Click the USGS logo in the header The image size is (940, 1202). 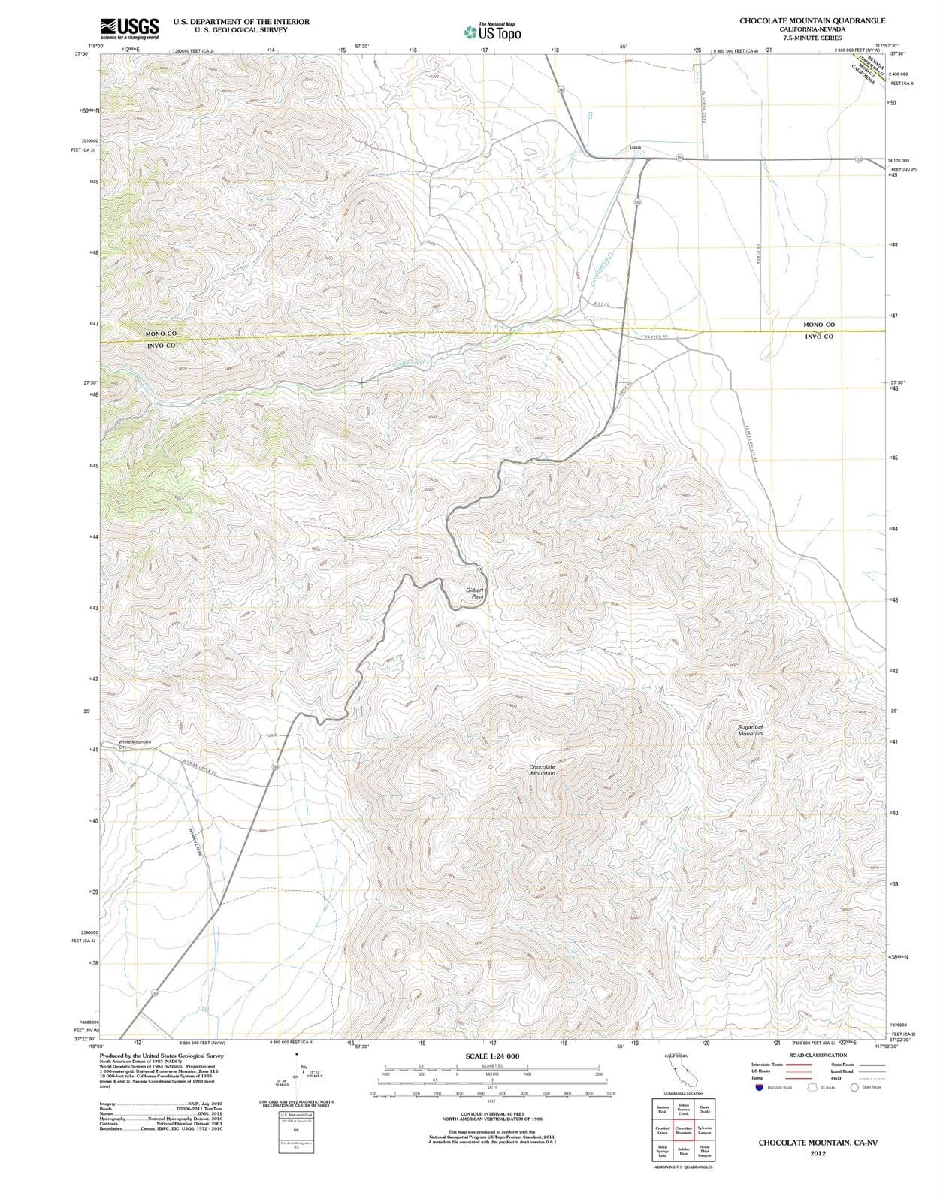129,27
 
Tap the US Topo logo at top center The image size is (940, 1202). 493,32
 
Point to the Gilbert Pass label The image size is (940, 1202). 475,593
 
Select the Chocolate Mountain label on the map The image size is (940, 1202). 542,770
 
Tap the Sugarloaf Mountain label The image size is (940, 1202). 749,730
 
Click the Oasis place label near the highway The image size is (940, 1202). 635,147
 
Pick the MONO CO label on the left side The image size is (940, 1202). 161,333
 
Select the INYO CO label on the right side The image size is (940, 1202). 818,337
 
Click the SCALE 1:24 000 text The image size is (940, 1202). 492,1056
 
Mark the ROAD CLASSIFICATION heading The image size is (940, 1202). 818,1055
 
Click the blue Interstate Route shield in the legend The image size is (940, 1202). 760,1087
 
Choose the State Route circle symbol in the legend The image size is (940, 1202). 854,1087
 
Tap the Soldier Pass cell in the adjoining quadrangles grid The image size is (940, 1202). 684,1150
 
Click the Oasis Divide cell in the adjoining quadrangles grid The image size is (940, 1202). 704,1110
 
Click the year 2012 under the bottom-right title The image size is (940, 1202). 818,1153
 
